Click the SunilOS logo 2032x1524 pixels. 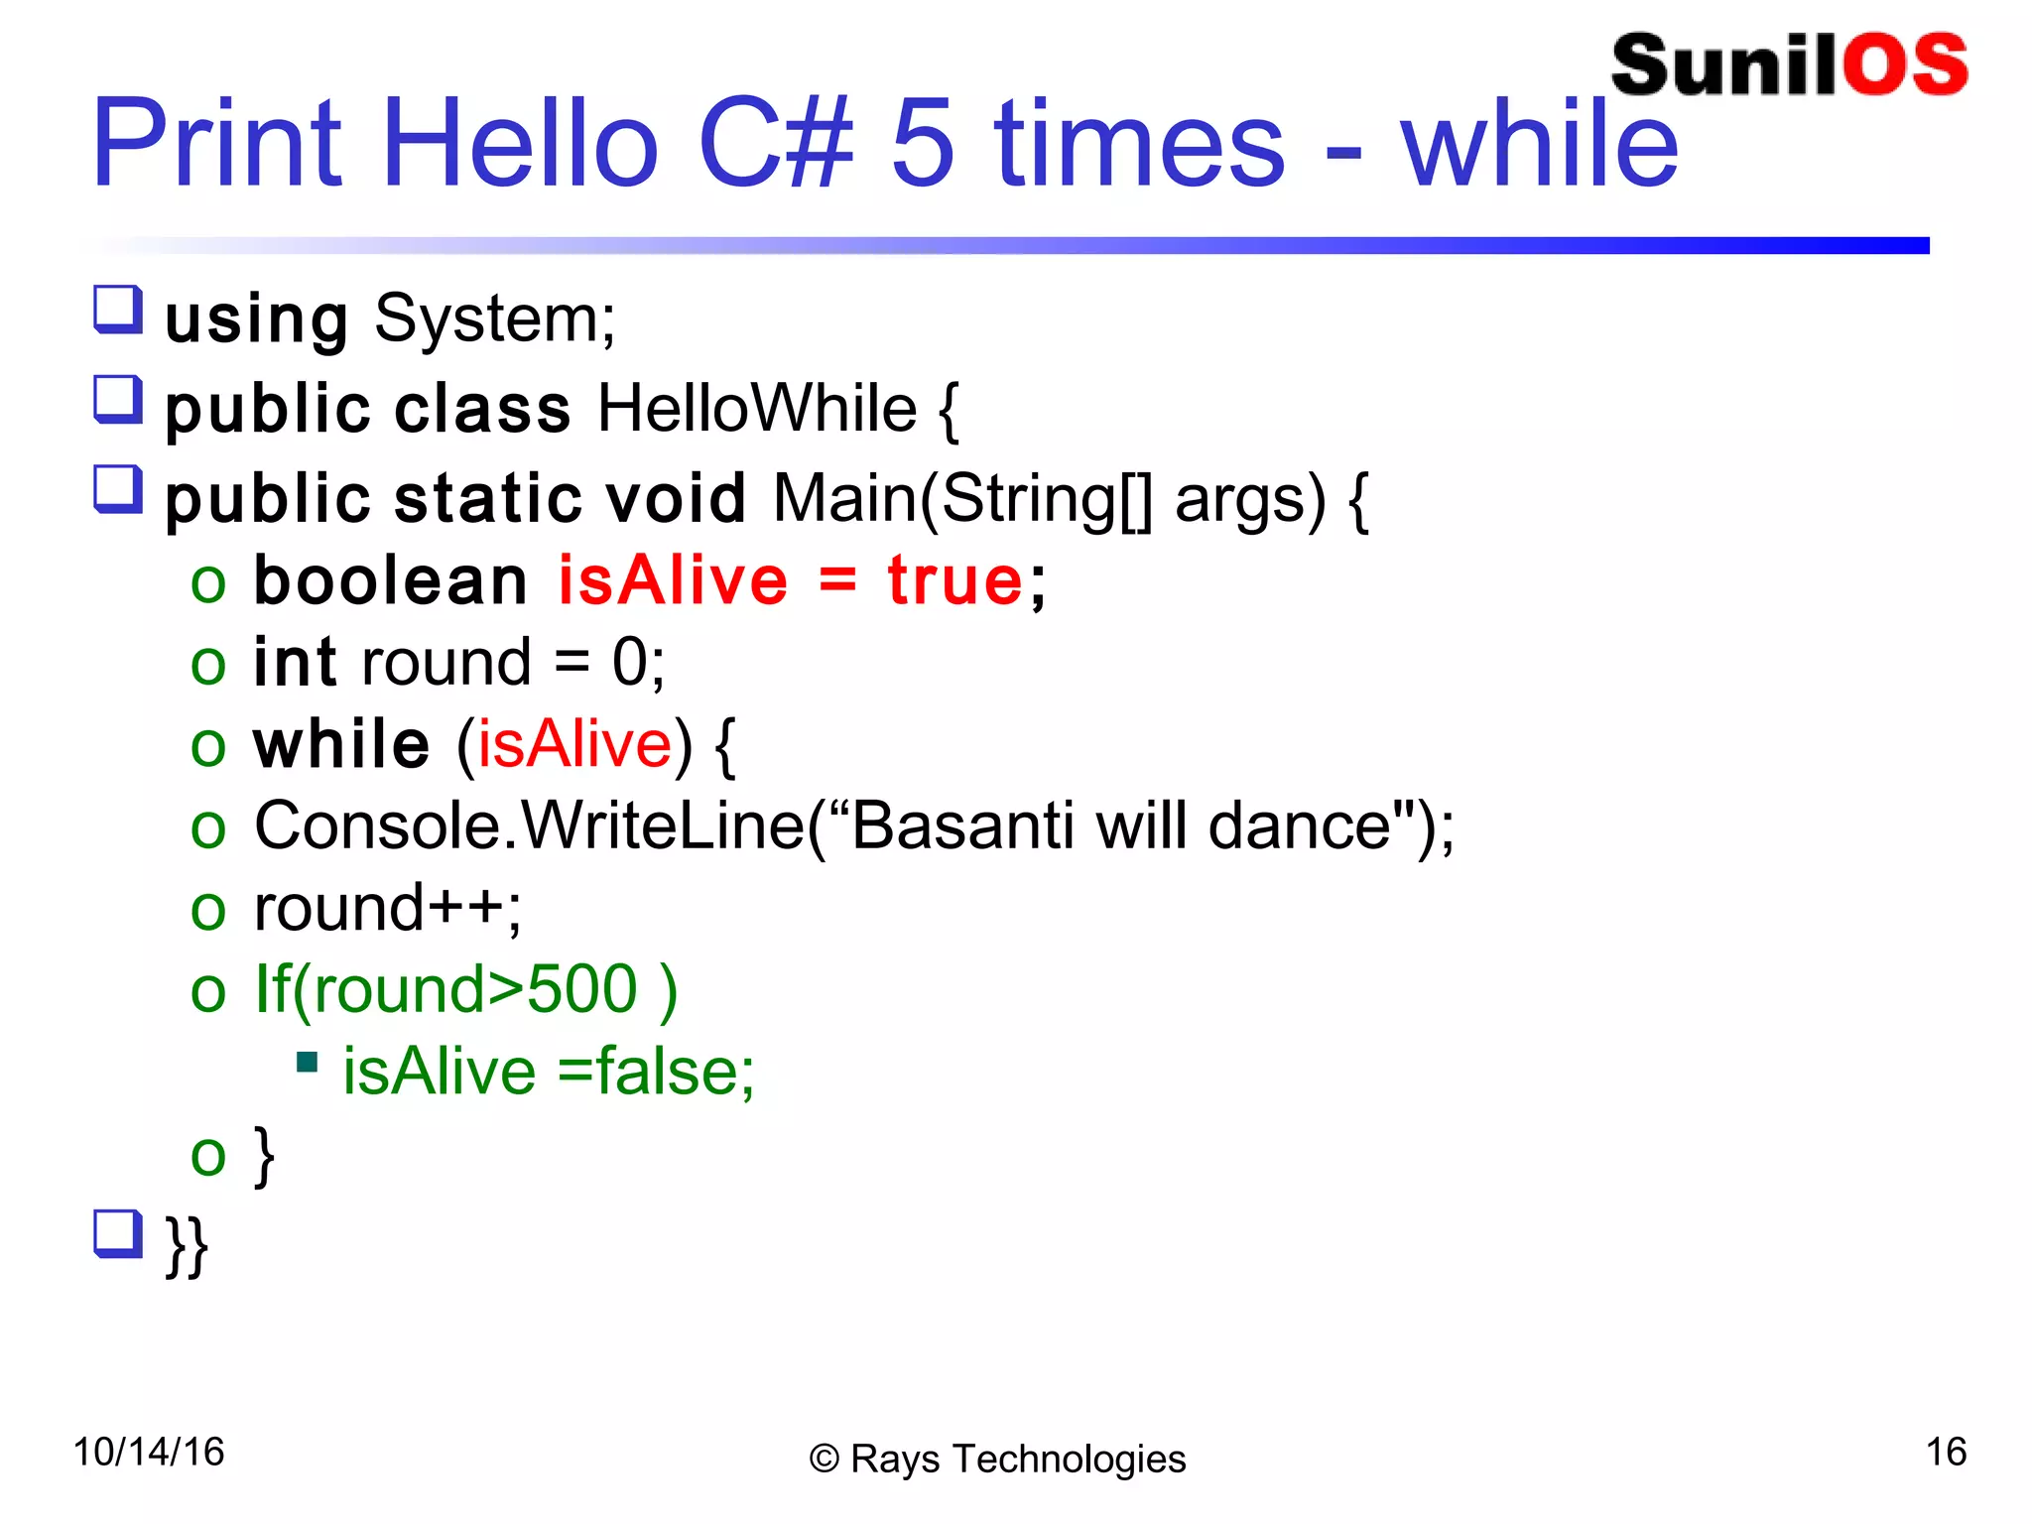pos(1788,65)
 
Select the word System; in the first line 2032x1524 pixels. pos(494,319)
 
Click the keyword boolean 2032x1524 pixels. pos(390,580)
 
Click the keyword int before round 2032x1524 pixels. pos(295,662)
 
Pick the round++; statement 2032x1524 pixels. pos(387,908)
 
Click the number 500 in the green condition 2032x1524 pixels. pos(581,989)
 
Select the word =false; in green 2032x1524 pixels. pos(655,1072)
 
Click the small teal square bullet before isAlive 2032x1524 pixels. pos(307,1064)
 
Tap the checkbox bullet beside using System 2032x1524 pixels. pos(118,310)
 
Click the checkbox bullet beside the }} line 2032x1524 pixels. pos(118,1233)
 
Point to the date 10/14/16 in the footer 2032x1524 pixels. pos(149,1452)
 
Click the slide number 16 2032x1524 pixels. pos(1945,1452)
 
